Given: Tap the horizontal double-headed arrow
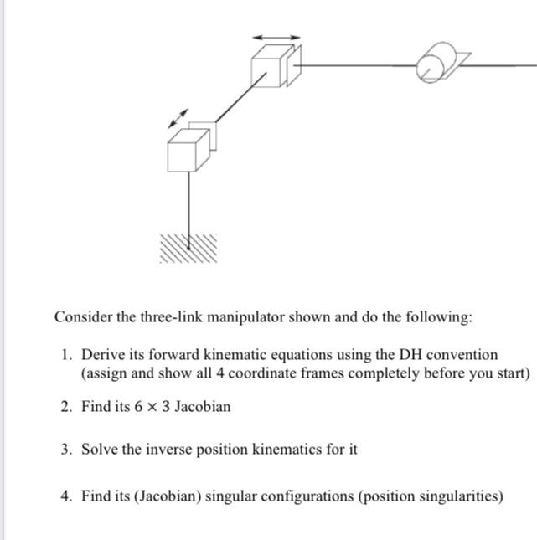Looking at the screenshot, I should pos(276,38).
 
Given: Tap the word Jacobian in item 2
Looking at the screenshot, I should pos(202,407).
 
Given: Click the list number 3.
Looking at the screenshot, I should pos(65,450).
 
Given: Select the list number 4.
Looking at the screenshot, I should pos(65,496).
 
